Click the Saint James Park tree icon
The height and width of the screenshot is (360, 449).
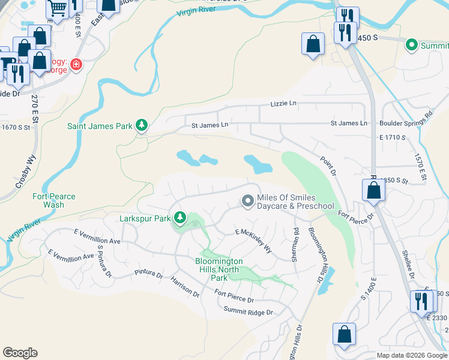click(x=142, y=125)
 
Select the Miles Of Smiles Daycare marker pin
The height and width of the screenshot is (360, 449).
click(x=247, y=202)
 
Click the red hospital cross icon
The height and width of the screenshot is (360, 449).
click(x=76, y=64)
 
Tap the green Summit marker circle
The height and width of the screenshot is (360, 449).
click(x=412, y=44)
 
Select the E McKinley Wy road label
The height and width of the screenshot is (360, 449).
click(x=253, y=240)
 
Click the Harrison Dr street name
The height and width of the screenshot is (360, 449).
click(x=184, y=287)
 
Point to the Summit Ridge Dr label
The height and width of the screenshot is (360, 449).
click(x=248, y=312)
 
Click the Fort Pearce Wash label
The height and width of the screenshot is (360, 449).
click(x=53, y=200)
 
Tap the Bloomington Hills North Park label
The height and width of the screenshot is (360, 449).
click(x=219, y=269)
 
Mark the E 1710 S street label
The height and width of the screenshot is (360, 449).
click(x=393, y=137)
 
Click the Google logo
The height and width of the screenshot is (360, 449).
click(x=20, y=353)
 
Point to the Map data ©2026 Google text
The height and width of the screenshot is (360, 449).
click(x=411, y=355)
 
